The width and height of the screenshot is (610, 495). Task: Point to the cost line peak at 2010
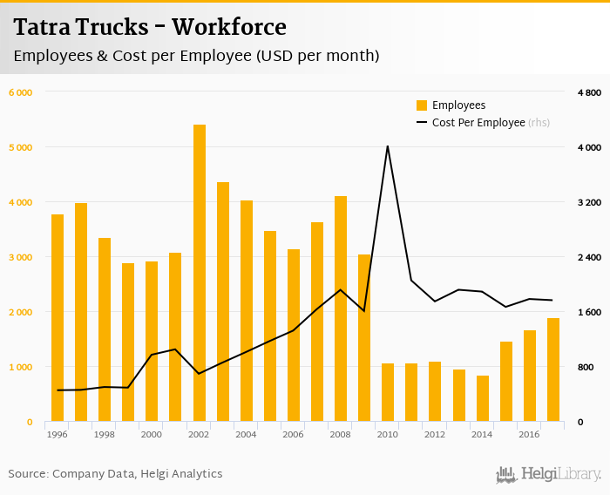coord(388,146)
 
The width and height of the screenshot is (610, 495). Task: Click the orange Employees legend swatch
coord(422,105)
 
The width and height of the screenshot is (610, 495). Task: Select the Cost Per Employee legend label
coord(478,123)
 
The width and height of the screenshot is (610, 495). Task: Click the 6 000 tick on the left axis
coord(21,92)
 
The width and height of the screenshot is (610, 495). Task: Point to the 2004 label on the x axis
coord(247,434)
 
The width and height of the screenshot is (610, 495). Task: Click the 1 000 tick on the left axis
coord(21,367)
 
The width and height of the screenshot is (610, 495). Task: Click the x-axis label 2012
coord(436,434)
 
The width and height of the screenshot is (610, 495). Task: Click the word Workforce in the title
coord(229,28)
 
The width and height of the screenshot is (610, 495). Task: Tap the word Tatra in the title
coord(43,28)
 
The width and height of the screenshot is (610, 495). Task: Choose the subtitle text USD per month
coord(318,56)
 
